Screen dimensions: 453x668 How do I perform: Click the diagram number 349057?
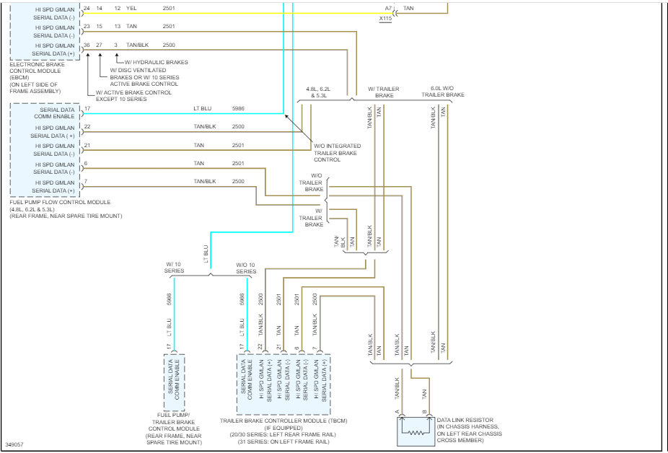14,444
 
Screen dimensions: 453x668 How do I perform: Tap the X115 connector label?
386,19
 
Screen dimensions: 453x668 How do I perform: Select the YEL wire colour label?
131,8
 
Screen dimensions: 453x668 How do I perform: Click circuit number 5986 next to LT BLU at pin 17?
238,108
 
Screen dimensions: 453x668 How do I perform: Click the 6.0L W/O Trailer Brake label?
443,91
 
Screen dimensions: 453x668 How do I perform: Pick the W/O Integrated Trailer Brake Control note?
337,153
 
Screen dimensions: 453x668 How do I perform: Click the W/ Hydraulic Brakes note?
156,62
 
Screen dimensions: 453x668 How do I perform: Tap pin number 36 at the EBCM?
87,45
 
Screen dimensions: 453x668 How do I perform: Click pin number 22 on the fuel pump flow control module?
87,126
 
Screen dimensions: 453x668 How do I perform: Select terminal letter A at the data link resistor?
397,412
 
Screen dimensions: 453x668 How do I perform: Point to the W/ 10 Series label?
175,268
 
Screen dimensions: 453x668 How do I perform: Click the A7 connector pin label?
387,8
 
